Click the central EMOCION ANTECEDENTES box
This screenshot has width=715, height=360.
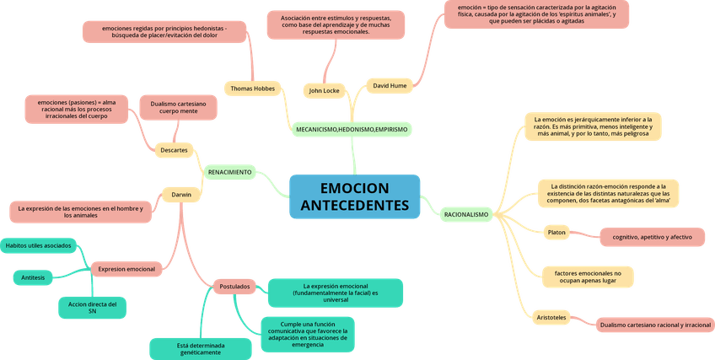pyautogui.click(x=354, y=197)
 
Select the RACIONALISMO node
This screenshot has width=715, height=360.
pyautogui.click(x=465, y=215)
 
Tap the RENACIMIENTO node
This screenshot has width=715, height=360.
pyautogui.click(x=229, y=172)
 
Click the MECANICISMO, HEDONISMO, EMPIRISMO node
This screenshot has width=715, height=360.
pyautogui.click(x=352, y=130)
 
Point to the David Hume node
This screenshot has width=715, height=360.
pyautogui.click(x=390, y=84)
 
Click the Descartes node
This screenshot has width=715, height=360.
pyautogui.click(x=174, y=150)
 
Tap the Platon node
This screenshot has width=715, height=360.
pyautogui.click(x=556, y=232)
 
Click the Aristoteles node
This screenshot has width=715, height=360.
pyautogui.click(x=551, y=317)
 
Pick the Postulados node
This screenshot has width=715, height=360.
pyautogui.click(x=234, y=287)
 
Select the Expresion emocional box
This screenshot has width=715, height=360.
pyautogui.click(x=126, y=269)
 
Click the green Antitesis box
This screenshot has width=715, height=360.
pyautogui.click(x=33, y=277)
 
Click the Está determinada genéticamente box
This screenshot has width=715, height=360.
pyautogui.click(x=201, y=348)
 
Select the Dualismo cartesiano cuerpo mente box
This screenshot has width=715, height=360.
pyautogui.click(x=178, y=107)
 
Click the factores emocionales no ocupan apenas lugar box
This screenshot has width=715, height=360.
pyautogui.click(x=588, y=277)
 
